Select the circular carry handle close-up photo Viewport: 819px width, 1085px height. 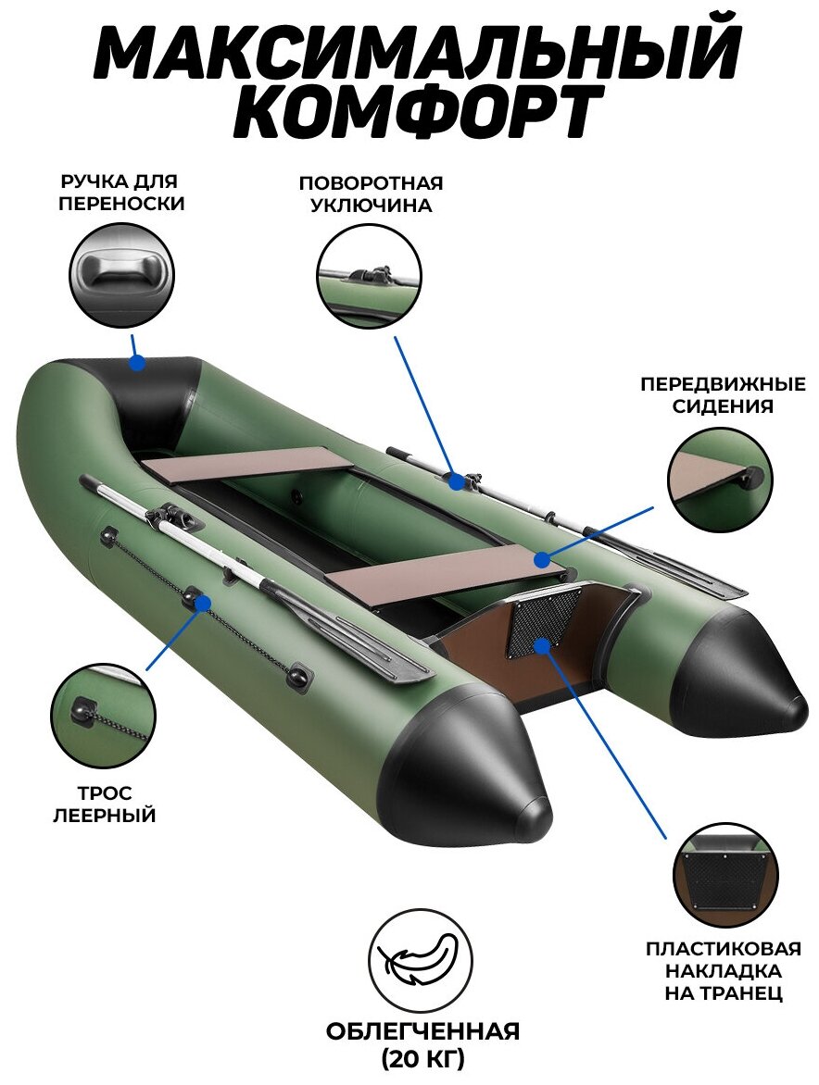click(122, 274)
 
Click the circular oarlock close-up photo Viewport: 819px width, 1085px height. click(370, 276)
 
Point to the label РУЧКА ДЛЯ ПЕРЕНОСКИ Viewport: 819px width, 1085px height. click(121, 193)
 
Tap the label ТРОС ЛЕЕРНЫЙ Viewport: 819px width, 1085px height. click(105, 804)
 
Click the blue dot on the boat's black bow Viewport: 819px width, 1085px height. click(137, 363)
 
